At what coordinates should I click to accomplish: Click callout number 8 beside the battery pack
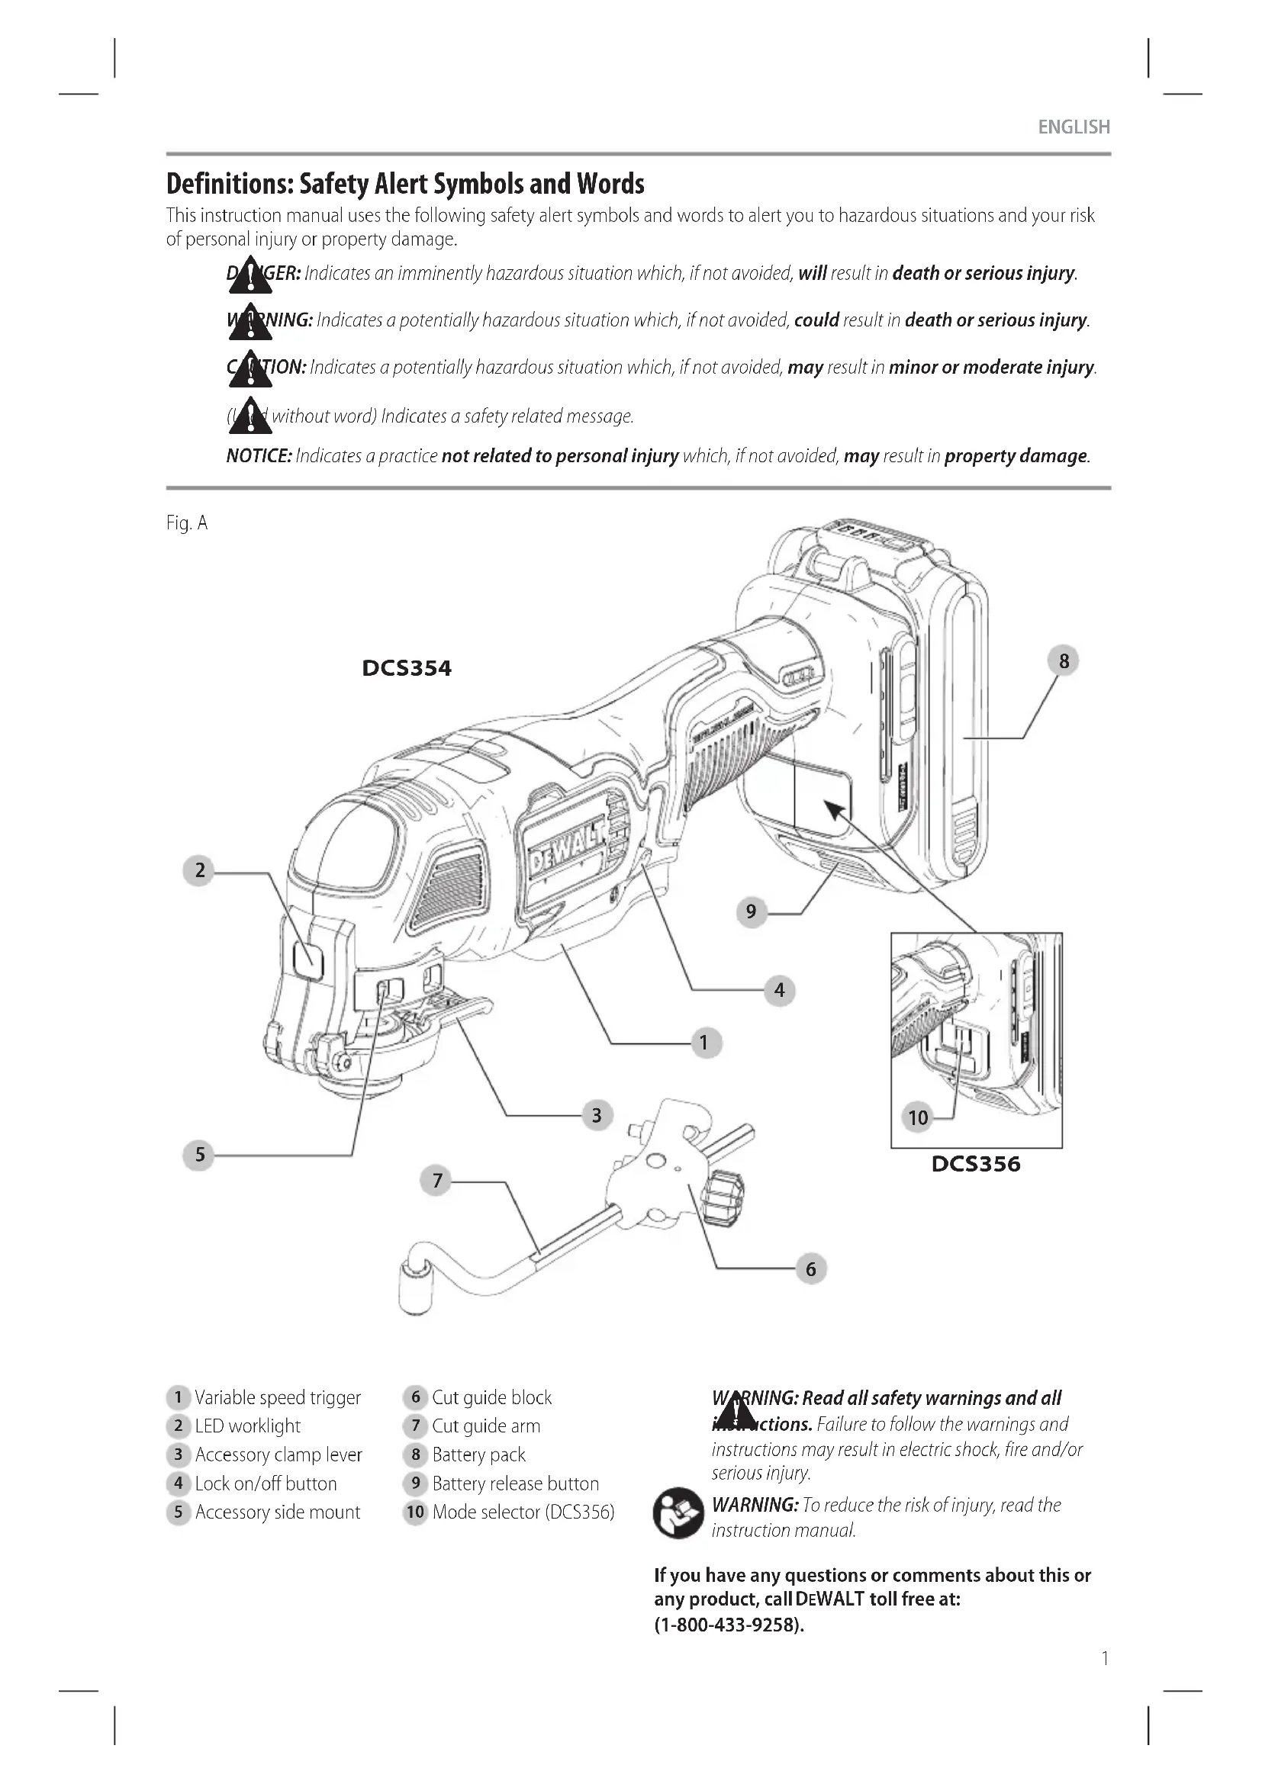[x=1063, y=661]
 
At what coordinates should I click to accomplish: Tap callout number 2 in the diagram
[x=200, y=869]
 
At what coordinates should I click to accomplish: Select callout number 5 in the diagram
[x=200, y=1155]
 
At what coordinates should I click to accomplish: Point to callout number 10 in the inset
[x=918, y=1117]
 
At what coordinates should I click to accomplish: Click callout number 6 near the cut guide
[x=810, y=1269]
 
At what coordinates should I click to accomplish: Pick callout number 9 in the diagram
[x=751, y=911]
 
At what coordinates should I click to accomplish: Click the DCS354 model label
[x=407, y=668]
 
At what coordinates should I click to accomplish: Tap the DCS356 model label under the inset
[x=975, y=1164]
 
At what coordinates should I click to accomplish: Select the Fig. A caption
[x=186, y=523]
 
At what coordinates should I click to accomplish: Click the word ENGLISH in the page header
[x=1074, y=127]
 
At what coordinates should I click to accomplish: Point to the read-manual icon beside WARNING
[x=678, y=1512]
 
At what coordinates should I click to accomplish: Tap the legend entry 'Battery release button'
[x=514, y=1483]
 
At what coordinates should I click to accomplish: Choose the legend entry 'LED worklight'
[x=247, y=1426]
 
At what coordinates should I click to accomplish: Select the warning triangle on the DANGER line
[x=250, y=276]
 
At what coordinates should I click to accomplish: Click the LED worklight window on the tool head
[x=307, y=961]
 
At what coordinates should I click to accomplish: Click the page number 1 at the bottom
[x=1105, y=1658]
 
